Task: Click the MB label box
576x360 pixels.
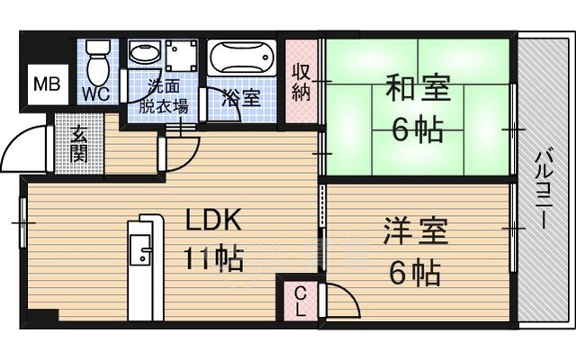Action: [42, 85]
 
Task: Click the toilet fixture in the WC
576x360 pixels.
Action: [99, 60]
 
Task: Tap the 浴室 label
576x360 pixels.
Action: [242, 98]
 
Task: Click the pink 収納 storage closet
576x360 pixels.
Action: [301, 82]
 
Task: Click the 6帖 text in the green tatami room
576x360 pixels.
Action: [415, 130]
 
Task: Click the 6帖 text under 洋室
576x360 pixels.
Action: [415, 269]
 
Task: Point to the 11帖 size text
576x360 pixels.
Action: [214, 260]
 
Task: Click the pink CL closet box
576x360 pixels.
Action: [300, 300]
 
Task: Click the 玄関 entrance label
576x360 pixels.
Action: [79, 144]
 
